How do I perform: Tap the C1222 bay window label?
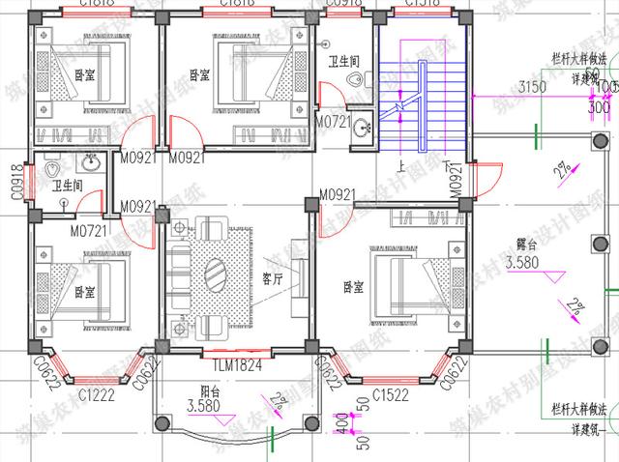point(98,394)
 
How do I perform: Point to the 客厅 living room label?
point(273,278)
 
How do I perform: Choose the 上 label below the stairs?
point(401,165)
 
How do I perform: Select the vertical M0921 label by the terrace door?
point(455,182)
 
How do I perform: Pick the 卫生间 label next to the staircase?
point(343,60)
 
